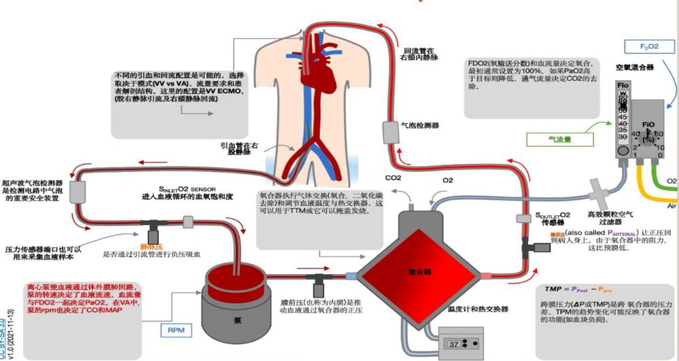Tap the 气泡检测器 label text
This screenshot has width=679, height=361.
pyautogui.click(x=419, y=126)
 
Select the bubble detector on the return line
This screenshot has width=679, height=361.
pyautogui.click(x=389, y=132)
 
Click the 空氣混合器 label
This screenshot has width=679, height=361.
pyautogui.click(x=635, y=68)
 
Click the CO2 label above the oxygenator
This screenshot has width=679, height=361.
pyautogui.click(x=394, y=179)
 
